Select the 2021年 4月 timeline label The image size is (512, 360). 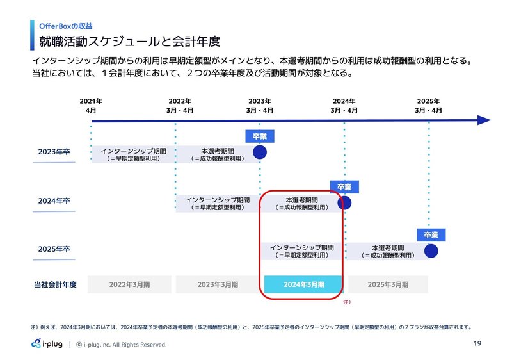91,106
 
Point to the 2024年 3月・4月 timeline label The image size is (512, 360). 344,106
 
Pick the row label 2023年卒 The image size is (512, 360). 54,152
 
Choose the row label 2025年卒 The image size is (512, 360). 54,249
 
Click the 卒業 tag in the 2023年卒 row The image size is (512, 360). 259,136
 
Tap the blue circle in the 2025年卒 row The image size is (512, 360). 431,251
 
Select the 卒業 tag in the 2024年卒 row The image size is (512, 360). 344,187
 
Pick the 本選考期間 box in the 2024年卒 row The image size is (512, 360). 302,203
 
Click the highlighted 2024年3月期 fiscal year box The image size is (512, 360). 303,284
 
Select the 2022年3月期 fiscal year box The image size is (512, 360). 129,284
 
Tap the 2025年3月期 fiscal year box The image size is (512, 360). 388,284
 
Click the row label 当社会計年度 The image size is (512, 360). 55,284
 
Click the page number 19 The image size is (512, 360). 476,344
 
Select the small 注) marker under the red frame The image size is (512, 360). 346,301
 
